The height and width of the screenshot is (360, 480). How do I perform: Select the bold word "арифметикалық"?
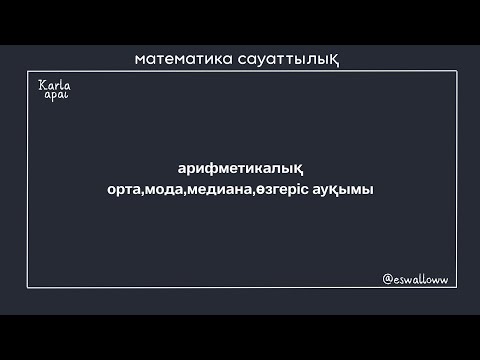tap(239, 168)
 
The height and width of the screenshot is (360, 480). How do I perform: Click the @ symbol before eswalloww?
tap(387, 281)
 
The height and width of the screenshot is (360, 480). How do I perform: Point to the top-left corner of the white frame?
tap(28, 71)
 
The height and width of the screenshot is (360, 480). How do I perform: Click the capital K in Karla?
tap(40, 87)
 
